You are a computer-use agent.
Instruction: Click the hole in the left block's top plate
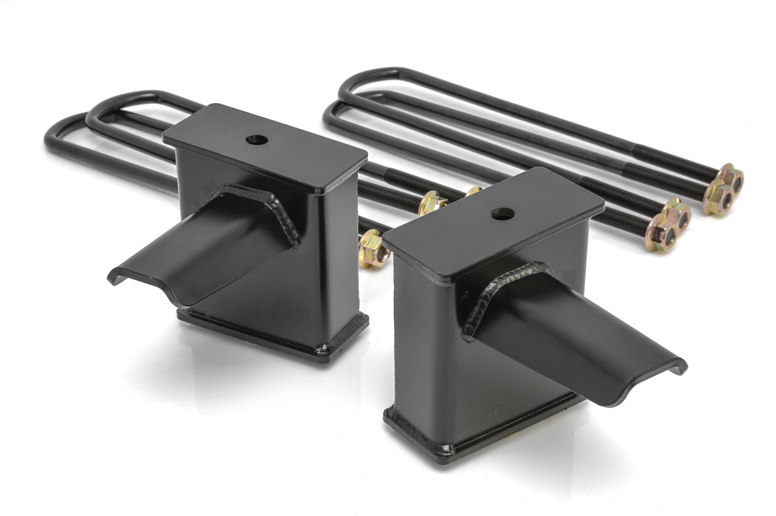click(257, 139)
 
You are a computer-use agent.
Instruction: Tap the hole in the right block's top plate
click(503, 213)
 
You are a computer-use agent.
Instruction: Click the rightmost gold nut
click(732, 177)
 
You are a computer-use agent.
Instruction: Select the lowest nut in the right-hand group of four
click(661, 233)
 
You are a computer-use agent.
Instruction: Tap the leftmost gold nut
click(372, 249)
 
